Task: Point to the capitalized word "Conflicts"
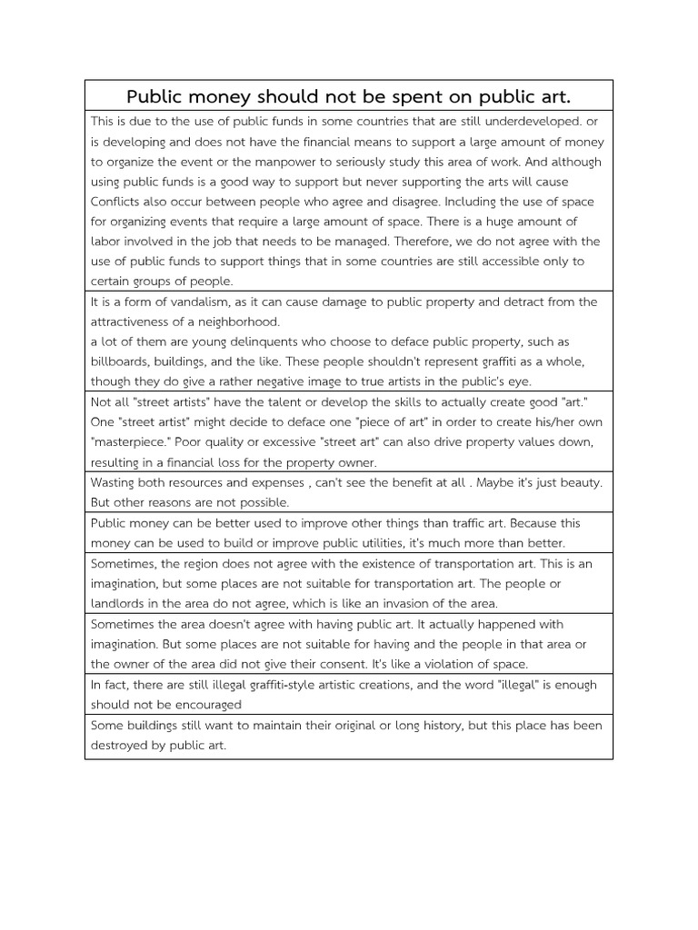tap(119, 202)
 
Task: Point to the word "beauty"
tap(577, 482)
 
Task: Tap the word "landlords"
tap(119, 603)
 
